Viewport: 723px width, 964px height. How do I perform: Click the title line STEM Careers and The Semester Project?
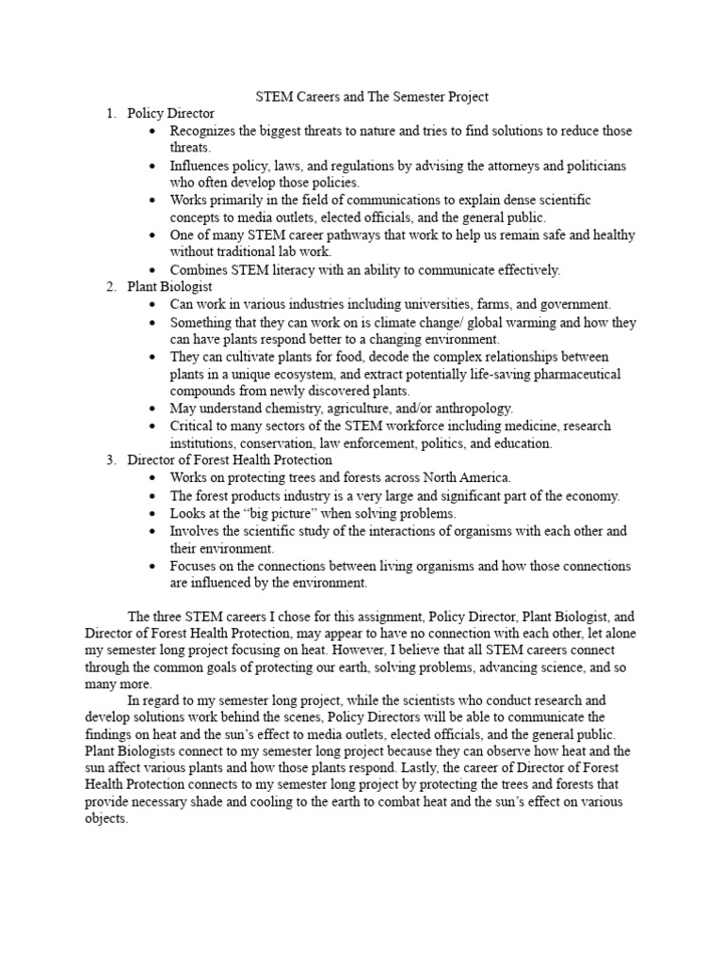[x=373, y=96]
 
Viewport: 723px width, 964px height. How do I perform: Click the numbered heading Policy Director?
[x=171, y=113]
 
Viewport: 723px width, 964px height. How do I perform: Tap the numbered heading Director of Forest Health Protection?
[x=230, y=459]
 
